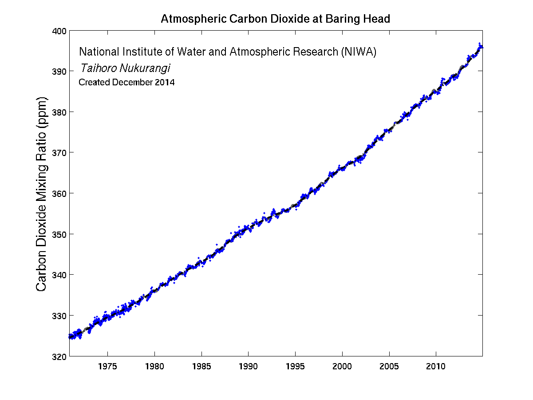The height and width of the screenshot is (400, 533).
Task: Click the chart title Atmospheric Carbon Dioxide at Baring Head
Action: point(275,19)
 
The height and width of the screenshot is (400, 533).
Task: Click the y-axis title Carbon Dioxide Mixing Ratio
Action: point(42,193)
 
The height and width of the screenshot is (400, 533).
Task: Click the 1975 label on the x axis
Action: point(107,367)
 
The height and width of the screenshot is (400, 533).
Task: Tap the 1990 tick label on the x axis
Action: point(248,367)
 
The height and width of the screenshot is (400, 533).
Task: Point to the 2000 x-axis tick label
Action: point(342,367)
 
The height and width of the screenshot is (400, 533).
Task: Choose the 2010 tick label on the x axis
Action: point(436,367)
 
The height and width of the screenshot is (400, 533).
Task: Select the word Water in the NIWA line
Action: point(192,52)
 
